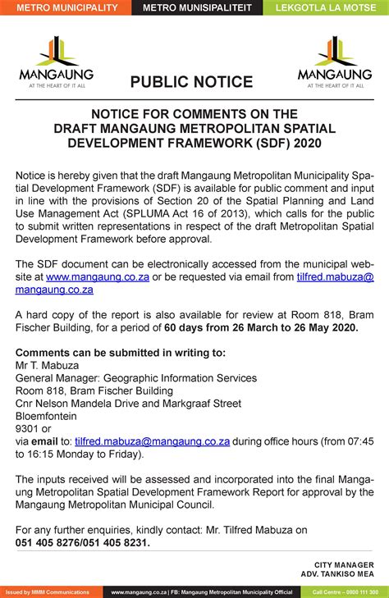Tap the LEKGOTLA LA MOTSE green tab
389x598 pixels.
coord(326,7)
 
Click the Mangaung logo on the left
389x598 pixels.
coord(52,61)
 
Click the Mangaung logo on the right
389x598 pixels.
coord(334,61)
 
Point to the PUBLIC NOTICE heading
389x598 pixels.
coord(191,82)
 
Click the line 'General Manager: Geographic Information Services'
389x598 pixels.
coord(136,378)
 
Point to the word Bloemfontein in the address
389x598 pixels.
coord(49,416)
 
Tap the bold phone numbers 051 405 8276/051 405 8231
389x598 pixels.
coord(83,542)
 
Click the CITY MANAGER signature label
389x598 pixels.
coord(344,564)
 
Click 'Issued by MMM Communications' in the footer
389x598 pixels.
coord(47,591)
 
